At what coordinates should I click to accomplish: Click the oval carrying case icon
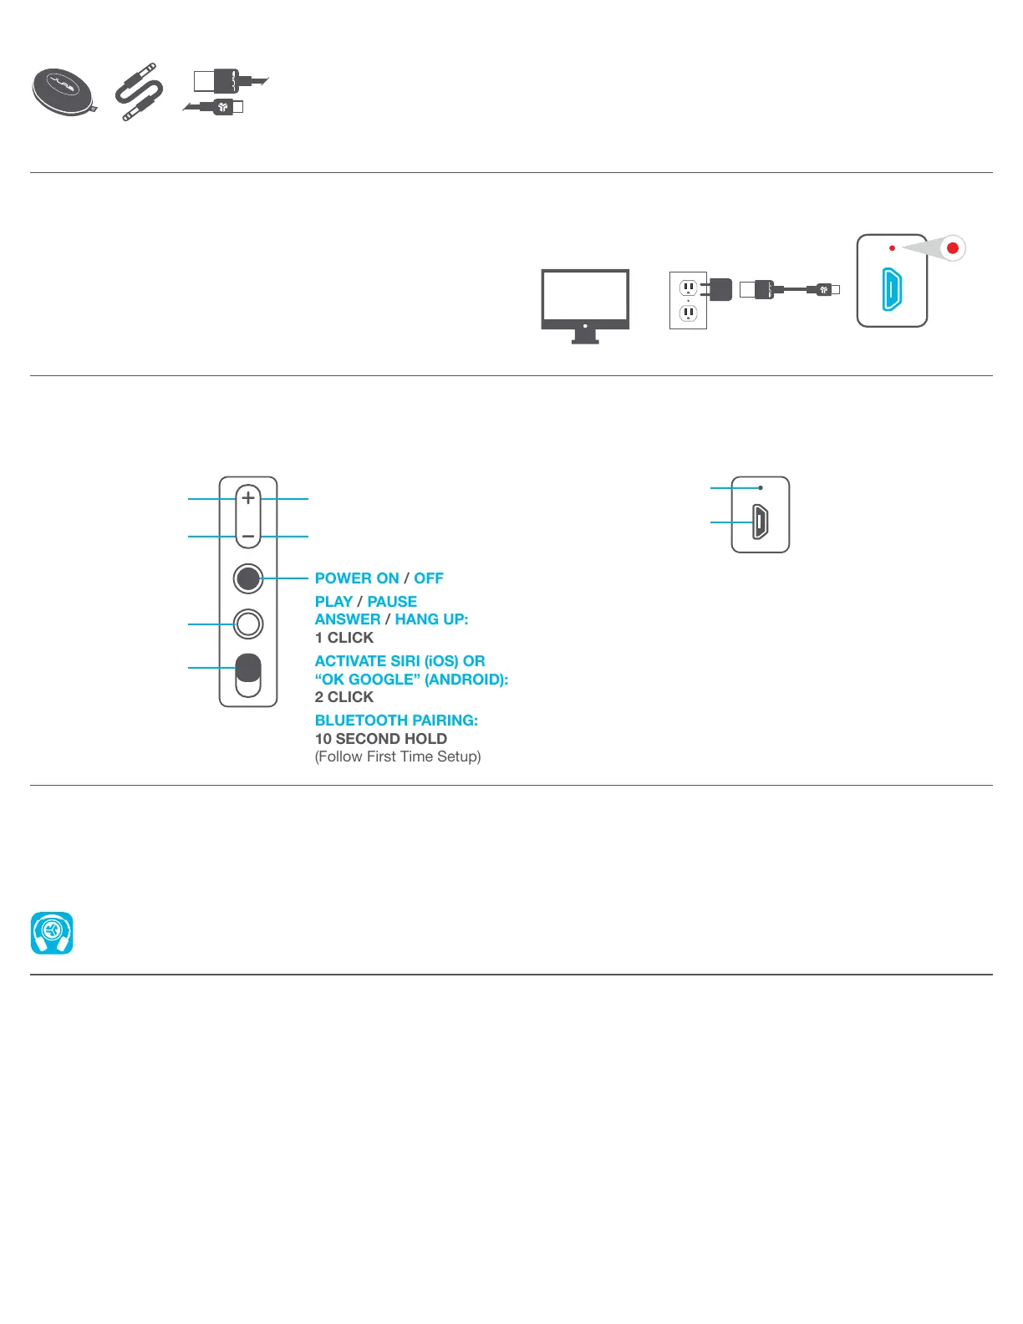click(x=64, y=92)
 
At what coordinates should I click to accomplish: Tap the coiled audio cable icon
click(x=140, y=91)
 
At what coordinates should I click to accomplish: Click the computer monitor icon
click(x=585, y=303)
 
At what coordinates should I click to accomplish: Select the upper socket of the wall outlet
click(x=688, y=288)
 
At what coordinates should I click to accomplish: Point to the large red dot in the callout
click(x=952, y=248)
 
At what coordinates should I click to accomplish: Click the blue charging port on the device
click(x=892, y=288)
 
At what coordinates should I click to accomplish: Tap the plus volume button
click(x=248, y=498)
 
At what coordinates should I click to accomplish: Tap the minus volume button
click(x=248, y=536)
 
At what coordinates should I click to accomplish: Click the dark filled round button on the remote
click(x=248, y=578)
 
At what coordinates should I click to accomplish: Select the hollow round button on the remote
click(x=248, y=624)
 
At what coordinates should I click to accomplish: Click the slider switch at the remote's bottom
click(x=248, y=675)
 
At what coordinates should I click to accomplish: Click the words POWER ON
click(x=357, y=578)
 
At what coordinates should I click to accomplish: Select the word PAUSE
click(x=392, y=602)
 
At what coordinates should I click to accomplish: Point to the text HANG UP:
click(x=431, y=619)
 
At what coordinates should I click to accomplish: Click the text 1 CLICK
click(x=344, y=638)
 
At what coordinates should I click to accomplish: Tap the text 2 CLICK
click(x=344, y=697)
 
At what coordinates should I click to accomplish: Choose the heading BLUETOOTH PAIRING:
click(x=396, y=721)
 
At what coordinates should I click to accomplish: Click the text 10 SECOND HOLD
click(x=381, y=739)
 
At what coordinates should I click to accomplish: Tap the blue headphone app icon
click(x=52, y=933)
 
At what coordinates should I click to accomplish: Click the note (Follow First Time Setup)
click(x=398, y=756)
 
